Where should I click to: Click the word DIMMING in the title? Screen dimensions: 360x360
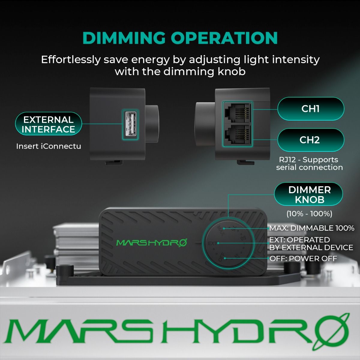tap(124, 38)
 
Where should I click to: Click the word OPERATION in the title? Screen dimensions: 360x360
tap(224, 38)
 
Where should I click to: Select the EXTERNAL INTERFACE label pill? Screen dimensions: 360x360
tap(48, 124)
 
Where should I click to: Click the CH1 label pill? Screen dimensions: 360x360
tap(310, 109)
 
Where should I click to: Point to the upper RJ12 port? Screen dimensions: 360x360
tap(237, 113)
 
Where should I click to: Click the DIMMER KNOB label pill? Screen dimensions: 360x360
tap(309, 194)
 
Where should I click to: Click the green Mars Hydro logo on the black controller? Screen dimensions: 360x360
tap(151, 242)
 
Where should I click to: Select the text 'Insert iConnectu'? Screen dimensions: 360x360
tap(49, 146)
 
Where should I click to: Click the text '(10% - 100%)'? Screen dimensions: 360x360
tap(309, 214)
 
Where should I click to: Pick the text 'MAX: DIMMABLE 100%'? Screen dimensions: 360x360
tap(312, 228)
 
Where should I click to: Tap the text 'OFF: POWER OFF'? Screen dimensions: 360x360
tap(303, 259)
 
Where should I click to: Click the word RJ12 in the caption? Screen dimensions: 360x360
tap(288, 160)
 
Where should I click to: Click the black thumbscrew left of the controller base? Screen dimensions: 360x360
tap(65, 271)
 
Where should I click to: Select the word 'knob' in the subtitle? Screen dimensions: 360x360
tap(232, 72)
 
